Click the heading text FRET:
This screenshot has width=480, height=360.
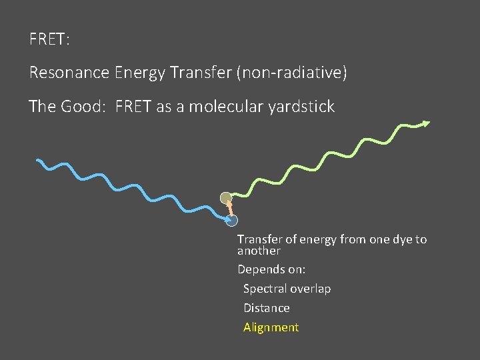click(49, 39)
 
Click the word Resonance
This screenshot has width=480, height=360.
click(68, 73)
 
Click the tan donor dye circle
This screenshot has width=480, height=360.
click(226, 197)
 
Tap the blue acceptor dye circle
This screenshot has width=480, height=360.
click(232, 220)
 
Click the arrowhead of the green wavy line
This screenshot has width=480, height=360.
click(426, 123)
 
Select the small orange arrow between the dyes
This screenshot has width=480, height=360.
click(229, 209)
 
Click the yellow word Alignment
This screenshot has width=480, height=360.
click(271, 327)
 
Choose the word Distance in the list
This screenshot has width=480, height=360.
click(266, 308)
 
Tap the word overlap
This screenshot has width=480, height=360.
click(311, 289)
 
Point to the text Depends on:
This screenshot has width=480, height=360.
click(271, 270)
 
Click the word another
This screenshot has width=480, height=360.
click(259, 251)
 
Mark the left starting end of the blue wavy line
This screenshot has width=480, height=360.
click(38, 161)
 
